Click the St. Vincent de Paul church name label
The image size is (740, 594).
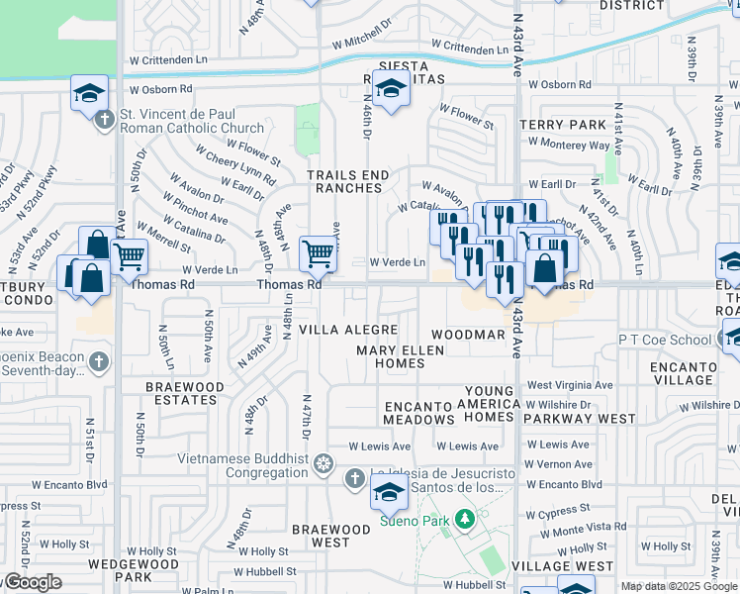coord(192,121)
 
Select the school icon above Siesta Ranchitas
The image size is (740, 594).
coord(391,90)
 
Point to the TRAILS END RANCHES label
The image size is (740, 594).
coord(348,183)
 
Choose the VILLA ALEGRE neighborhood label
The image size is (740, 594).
coord(348,330)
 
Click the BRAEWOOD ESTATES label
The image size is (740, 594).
coord(180,393)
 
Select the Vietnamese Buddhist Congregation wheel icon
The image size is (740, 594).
coord(323,464)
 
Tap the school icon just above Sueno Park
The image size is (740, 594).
coord(390,491)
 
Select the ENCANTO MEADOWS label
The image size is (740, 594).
coord(418,413)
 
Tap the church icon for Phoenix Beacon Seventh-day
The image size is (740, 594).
coord(98,361)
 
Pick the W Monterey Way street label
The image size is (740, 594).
coord(568,144)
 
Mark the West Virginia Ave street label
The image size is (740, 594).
coord(569,384)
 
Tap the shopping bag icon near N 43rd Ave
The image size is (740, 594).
coord(545,267)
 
